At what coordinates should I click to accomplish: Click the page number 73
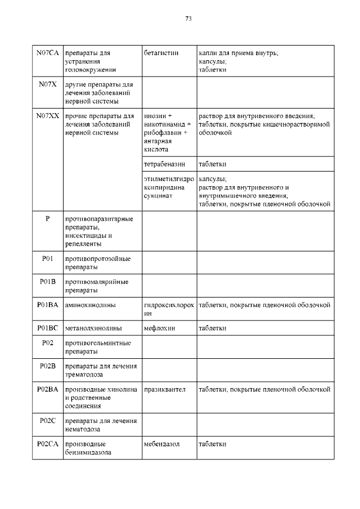188,19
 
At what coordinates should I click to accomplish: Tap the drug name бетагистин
161,53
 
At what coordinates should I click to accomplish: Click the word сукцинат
157,196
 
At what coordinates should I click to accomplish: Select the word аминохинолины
91,305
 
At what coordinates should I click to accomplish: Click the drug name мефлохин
160,328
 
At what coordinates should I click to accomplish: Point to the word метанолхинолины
94,328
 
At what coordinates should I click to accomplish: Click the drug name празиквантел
165,389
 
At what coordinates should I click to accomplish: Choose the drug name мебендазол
162,444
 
